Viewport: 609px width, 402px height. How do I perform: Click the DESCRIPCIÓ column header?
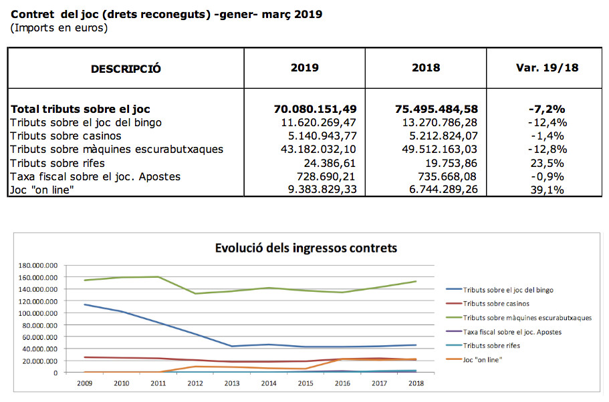tap(126, 68)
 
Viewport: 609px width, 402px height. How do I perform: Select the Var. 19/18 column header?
tap(547, 67)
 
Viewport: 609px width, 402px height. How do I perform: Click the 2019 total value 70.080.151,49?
tap(315, 109)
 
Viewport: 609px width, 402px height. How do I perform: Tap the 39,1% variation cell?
tap(547, 190)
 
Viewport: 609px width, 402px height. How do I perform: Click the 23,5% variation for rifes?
tap(547, 163)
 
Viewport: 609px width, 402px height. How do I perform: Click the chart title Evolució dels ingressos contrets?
tap(306, 248)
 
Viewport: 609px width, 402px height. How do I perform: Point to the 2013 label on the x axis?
tap(233, 384)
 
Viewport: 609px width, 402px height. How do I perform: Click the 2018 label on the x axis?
tap(416, 384)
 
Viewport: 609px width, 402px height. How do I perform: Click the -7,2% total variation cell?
tap(547, 109)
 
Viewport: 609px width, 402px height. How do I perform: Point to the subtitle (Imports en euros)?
tap(59, 28)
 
